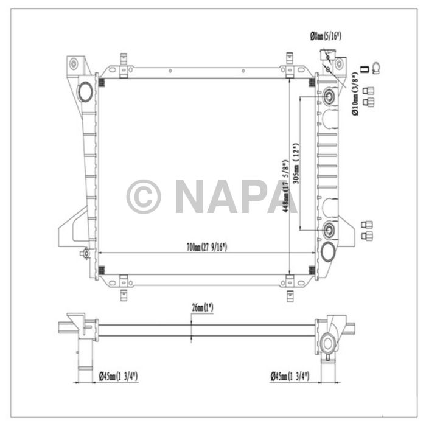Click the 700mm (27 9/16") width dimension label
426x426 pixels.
(x=206, y=247)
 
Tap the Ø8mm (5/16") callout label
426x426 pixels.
(x=326, y=37)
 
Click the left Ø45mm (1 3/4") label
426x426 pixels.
(x=118, y=377)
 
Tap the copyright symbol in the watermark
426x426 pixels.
(x=143, y=196)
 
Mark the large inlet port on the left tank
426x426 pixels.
(x=85, y=91)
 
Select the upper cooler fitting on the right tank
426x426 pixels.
(x=329, y=96)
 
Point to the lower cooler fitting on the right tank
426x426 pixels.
(x=329, y=229)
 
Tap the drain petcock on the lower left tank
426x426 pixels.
(x=86, y=253)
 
